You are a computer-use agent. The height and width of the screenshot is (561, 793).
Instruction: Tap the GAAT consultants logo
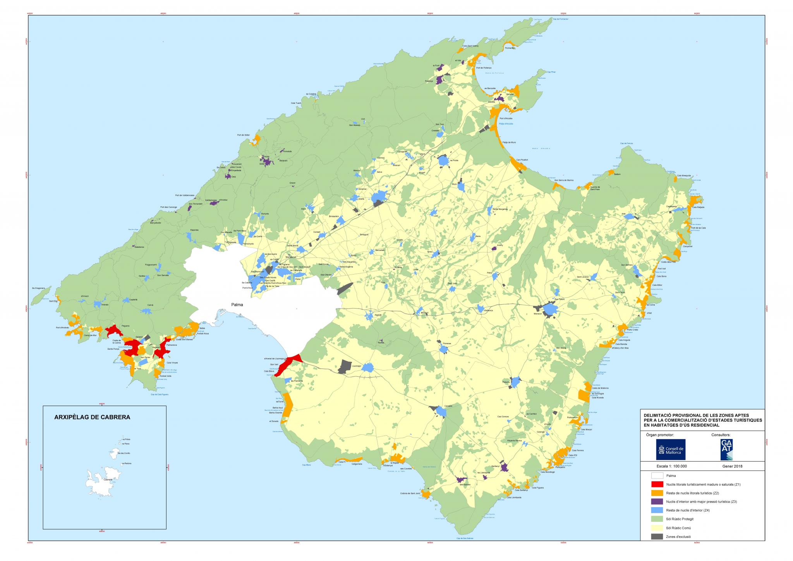tap(726, 449)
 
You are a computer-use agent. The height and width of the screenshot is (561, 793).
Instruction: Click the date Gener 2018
tap(732, 466)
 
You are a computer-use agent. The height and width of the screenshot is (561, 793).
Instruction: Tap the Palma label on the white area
tap(237, 305)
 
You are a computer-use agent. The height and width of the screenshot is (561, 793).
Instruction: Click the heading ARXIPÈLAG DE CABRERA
tap(92, 417)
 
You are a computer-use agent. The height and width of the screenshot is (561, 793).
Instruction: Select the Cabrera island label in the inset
tap(108, 479)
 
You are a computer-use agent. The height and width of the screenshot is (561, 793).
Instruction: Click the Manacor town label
tap(537, 314)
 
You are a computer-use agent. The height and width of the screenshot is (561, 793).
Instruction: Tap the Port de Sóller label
tap(244, 135)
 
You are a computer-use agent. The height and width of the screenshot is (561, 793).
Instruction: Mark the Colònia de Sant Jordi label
tap(410, 493)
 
